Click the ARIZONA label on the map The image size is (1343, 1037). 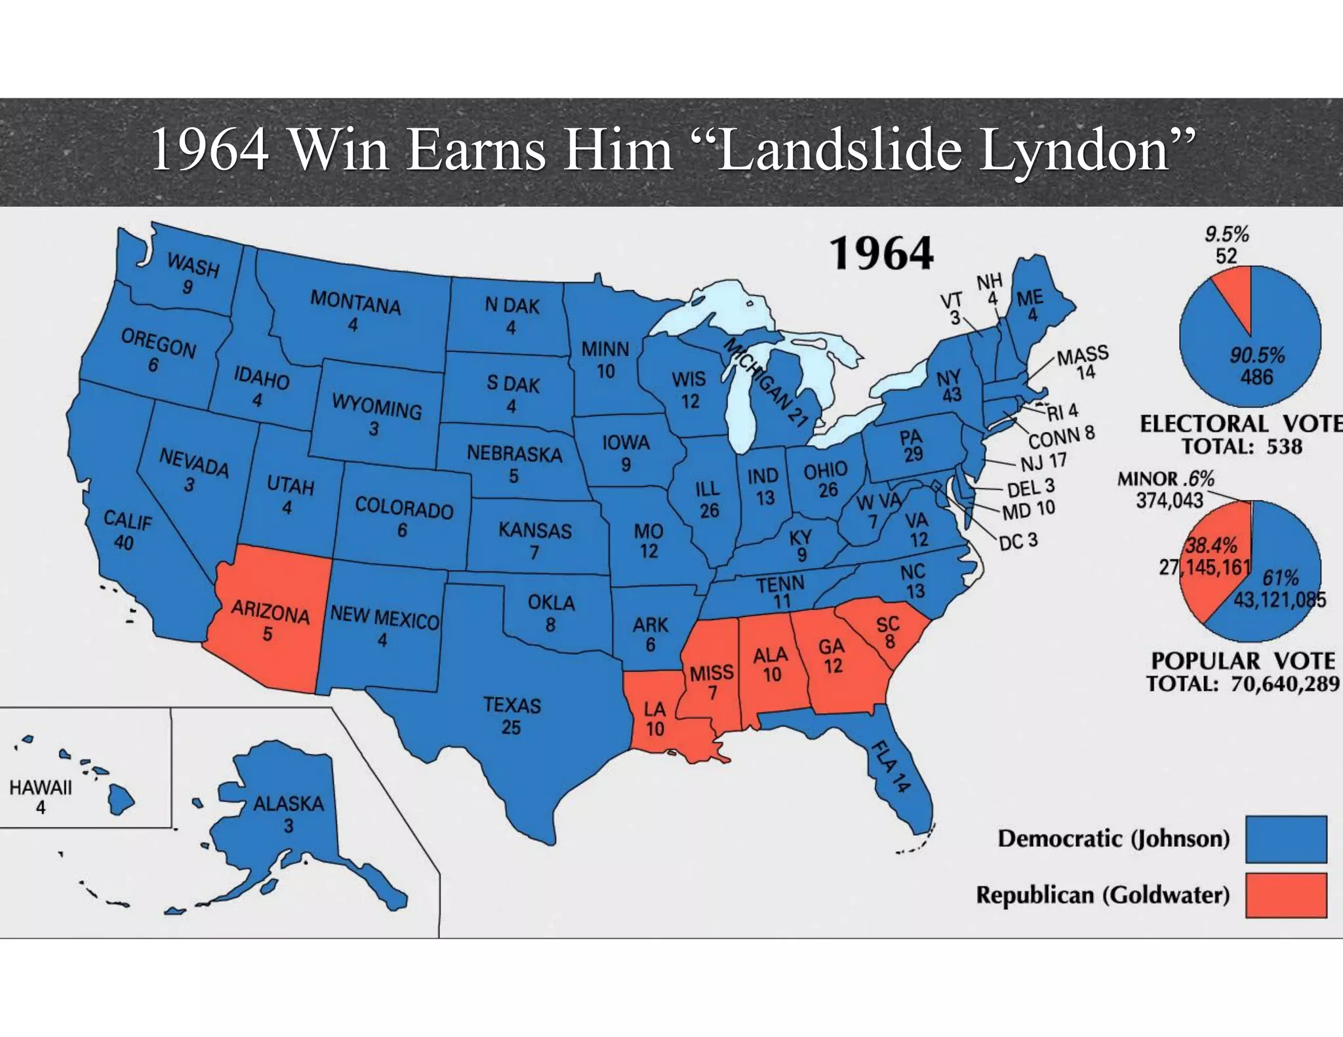click(x=270, y=612)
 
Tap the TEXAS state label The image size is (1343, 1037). click(x=512, y=705)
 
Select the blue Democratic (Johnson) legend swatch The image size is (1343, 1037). click(x=1286, y=838)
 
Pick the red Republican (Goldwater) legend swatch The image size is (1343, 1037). click(x=1286, y=895)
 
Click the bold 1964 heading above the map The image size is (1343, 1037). click(x=881, y=254)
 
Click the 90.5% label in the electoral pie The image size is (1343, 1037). click(x=1256, y=355)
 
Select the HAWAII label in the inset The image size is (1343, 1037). click(x=41, y=787)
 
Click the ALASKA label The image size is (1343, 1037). click(x=289, y=804)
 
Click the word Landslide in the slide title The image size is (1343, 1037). click(x=839, y=150)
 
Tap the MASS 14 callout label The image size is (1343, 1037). click(x=1083, y=362)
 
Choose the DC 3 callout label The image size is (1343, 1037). click(x=1018, y=541)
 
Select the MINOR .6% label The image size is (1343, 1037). click(x=1165, y=479)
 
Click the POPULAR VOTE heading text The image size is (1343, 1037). click(x=1243, y=661)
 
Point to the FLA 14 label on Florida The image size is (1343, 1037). click(x=891, y=766)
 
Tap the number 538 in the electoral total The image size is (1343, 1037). click(x=1284, y=446)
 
